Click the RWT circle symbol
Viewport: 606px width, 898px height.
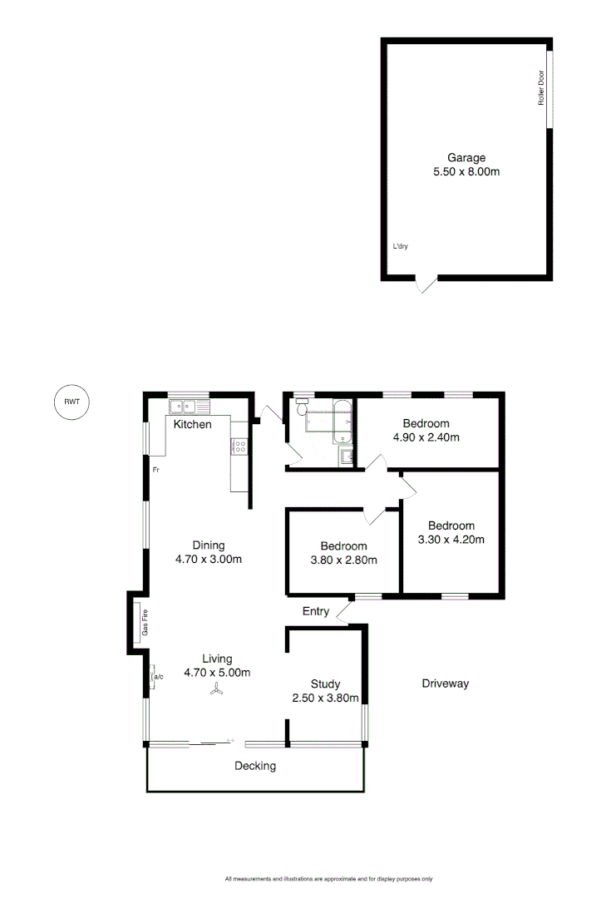(70, 402)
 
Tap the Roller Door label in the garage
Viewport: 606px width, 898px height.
(540, 88)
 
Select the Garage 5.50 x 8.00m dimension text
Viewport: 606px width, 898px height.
(466, 172)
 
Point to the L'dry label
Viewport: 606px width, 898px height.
(400, 246)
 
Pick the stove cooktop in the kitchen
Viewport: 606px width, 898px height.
(239, 446)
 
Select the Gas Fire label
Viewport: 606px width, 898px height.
(145, 623)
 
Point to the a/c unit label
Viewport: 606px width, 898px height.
(158, 677)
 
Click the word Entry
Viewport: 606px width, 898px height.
(316, 611)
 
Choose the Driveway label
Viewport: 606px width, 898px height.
(445, 683)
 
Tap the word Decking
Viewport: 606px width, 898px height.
(254, 766)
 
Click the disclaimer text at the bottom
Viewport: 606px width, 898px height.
(328, 878)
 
